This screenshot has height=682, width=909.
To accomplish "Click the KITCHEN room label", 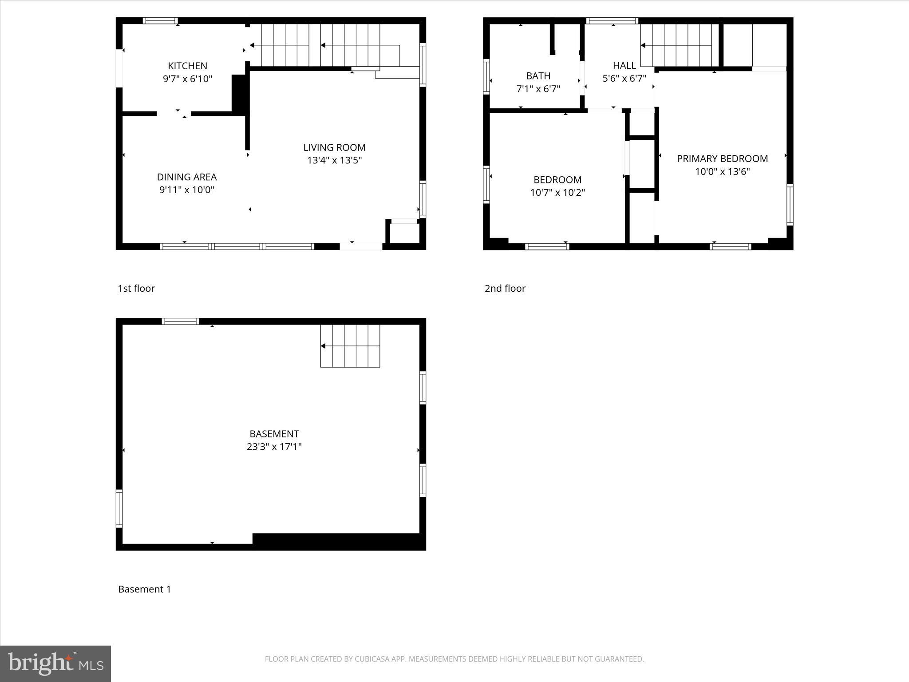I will (187, 66).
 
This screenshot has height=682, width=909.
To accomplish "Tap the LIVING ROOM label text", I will (334, 147).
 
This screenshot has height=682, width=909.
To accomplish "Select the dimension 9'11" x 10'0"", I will (187, 190).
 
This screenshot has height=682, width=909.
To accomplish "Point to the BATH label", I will (538, 76).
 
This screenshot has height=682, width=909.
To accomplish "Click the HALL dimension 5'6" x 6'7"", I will (624, 79).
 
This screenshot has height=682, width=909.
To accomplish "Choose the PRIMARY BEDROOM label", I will (722, 159).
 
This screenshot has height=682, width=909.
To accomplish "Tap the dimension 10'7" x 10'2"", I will (557, 193).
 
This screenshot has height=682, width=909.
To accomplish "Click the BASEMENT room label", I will (274, 434).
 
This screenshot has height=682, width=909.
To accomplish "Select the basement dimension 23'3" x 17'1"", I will (274, 447).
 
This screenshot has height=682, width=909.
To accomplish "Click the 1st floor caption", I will (136, 289).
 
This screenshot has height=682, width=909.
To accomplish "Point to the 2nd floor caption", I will (505, 289).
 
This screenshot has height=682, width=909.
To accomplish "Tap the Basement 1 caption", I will (144, 589).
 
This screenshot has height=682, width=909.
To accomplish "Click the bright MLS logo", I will (55, 663).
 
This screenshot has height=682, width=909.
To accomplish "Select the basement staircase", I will (350, 346).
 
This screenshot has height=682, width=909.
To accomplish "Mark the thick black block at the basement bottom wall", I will (337, 541).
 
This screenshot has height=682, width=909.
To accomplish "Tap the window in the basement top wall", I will (180, 321).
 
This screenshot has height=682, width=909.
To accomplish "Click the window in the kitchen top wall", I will (160, 21).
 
